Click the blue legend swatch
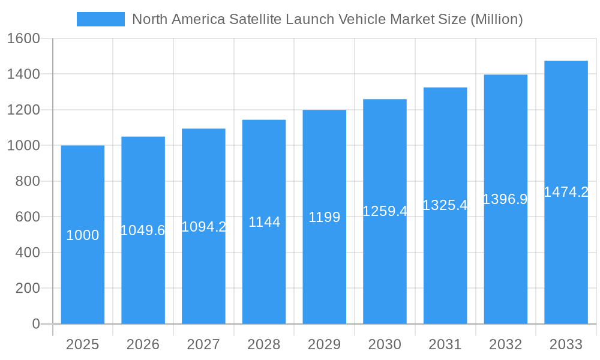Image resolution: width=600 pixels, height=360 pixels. tap(101, 19)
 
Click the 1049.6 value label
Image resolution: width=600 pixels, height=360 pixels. tap(143, 230)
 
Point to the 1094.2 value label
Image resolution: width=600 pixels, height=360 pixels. tap(203, 227)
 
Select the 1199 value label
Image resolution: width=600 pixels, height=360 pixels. tap(324, 217)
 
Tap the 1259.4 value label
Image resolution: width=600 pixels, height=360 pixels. tap(385, 211)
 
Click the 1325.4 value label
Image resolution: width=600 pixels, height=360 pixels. tap(445, 205)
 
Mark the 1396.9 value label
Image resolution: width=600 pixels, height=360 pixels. tap(505, 199)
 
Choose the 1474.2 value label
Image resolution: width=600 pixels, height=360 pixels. tap(566, 192)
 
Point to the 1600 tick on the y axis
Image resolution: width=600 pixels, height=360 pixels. tap(23, 38)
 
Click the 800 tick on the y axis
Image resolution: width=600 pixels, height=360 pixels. tap(27, 181)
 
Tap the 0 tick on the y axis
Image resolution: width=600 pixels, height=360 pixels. tap(35, 324)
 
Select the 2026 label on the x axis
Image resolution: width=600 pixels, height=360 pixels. tap(143, 344)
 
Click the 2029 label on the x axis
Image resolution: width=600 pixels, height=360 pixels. tap(324, 344)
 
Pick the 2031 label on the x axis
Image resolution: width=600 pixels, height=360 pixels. tap(445, 344)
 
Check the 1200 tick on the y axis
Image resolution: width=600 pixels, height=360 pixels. tap(23, 110)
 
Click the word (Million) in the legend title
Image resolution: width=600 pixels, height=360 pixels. tap(496, 19)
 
